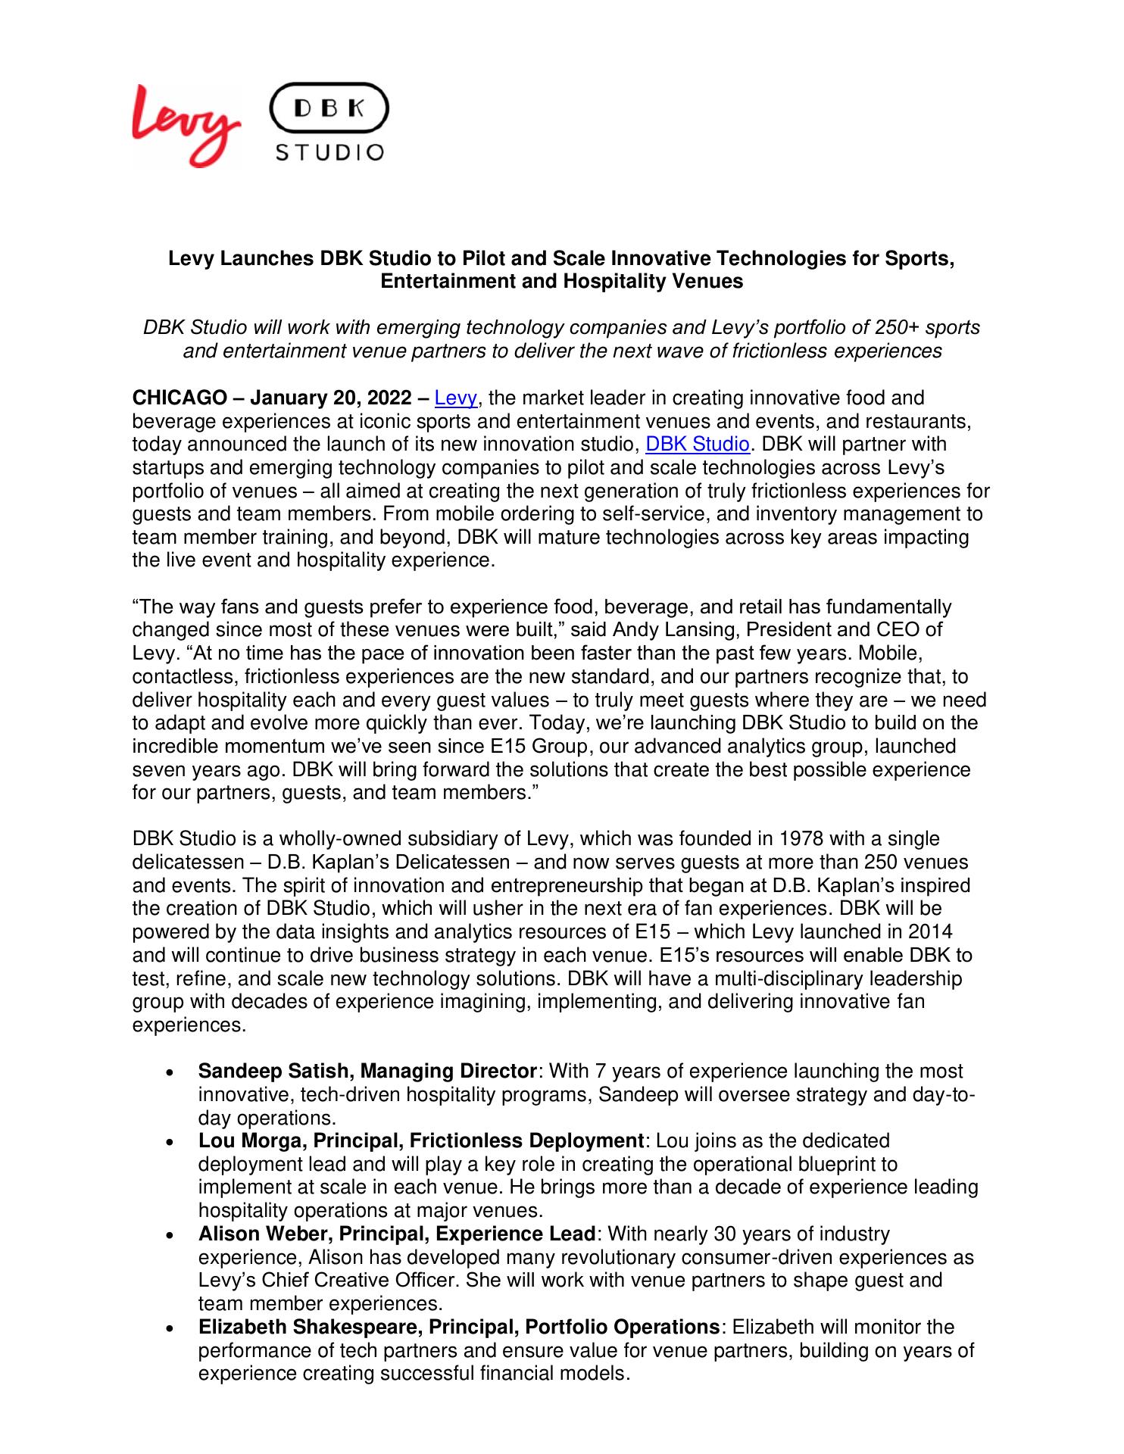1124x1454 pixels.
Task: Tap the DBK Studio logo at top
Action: coord(329,123)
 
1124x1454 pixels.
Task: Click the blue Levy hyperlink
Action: coord(455,398)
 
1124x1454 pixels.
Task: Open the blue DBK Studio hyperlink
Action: coord(697,444)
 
